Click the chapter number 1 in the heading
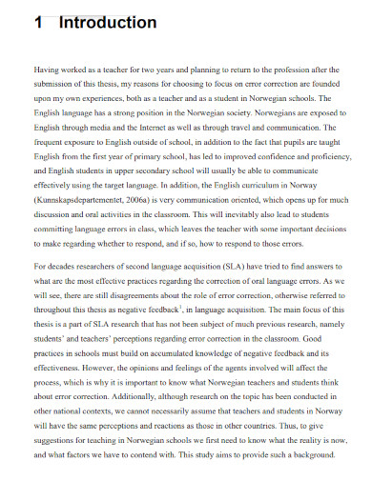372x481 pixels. (x=38, y=22)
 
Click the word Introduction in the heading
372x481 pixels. (x=107, y=22)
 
